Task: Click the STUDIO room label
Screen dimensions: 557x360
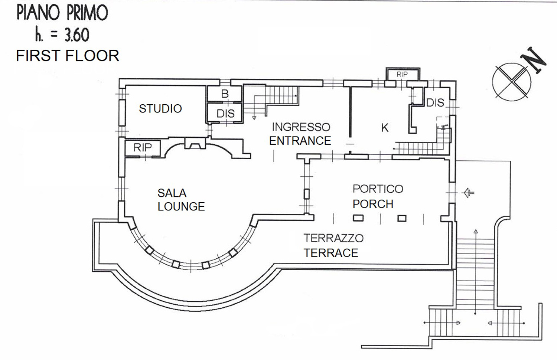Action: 160,109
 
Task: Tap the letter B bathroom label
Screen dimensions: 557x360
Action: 225,94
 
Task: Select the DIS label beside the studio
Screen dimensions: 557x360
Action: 225,114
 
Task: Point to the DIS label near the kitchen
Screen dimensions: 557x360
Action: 435,102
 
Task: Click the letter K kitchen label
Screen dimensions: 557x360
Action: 385,128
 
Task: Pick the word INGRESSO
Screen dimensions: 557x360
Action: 301,127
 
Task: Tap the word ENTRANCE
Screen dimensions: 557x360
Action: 300,141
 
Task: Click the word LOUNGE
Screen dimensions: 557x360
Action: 181,206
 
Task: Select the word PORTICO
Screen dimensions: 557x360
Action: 378,189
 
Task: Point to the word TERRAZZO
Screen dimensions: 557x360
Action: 333,238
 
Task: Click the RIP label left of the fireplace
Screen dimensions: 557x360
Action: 143,148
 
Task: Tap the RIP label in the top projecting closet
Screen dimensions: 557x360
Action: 402,74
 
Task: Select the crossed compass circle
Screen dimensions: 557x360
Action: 512,82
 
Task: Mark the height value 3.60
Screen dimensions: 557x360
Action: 77,35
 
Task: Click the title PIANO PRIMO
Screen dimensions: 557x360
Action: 62,13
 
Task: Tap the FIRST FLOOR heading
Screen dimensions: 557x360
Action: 68,56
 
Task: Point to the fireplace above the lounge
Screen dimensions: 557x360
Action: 195,144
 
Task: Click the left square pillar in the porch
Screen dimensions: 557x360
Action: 358,218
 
